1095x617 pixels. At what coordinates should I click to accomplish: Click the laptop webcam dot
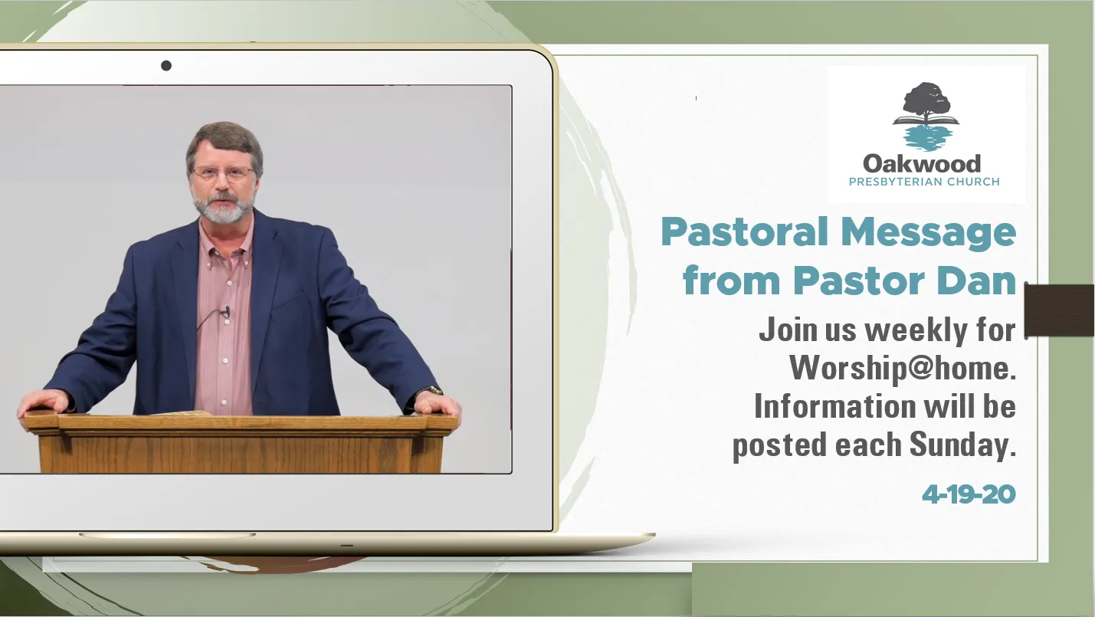tap(166, 65)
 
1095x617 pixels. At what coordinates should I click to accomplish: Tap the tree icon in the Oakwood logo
tap(926, 117)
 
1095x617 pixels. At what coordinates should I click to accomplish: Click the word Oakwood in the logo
tap(922, 164)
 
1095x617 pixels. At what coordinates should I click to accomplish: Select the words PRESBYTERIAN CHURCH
tap(924, 182)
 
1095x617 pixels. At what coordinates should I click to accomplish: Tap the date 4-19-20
tap(969, 495)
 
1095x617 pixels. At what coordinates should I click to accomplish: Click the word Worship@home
tap(903, 368)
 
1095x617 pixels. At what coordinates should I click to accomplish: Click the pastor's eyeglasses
tap(224, 172)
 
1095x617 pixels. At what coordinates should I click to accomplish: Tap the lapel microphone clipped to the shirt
tap(226, 311)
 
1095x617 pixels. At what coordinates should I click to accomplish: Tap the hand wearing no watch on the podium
tap(44, 403)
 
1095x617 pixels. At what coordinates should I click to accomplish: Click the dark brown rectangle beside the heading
tap(1059, 310)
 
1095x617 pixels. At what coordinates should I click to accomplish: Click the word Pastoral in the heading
tap(744, 231)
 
